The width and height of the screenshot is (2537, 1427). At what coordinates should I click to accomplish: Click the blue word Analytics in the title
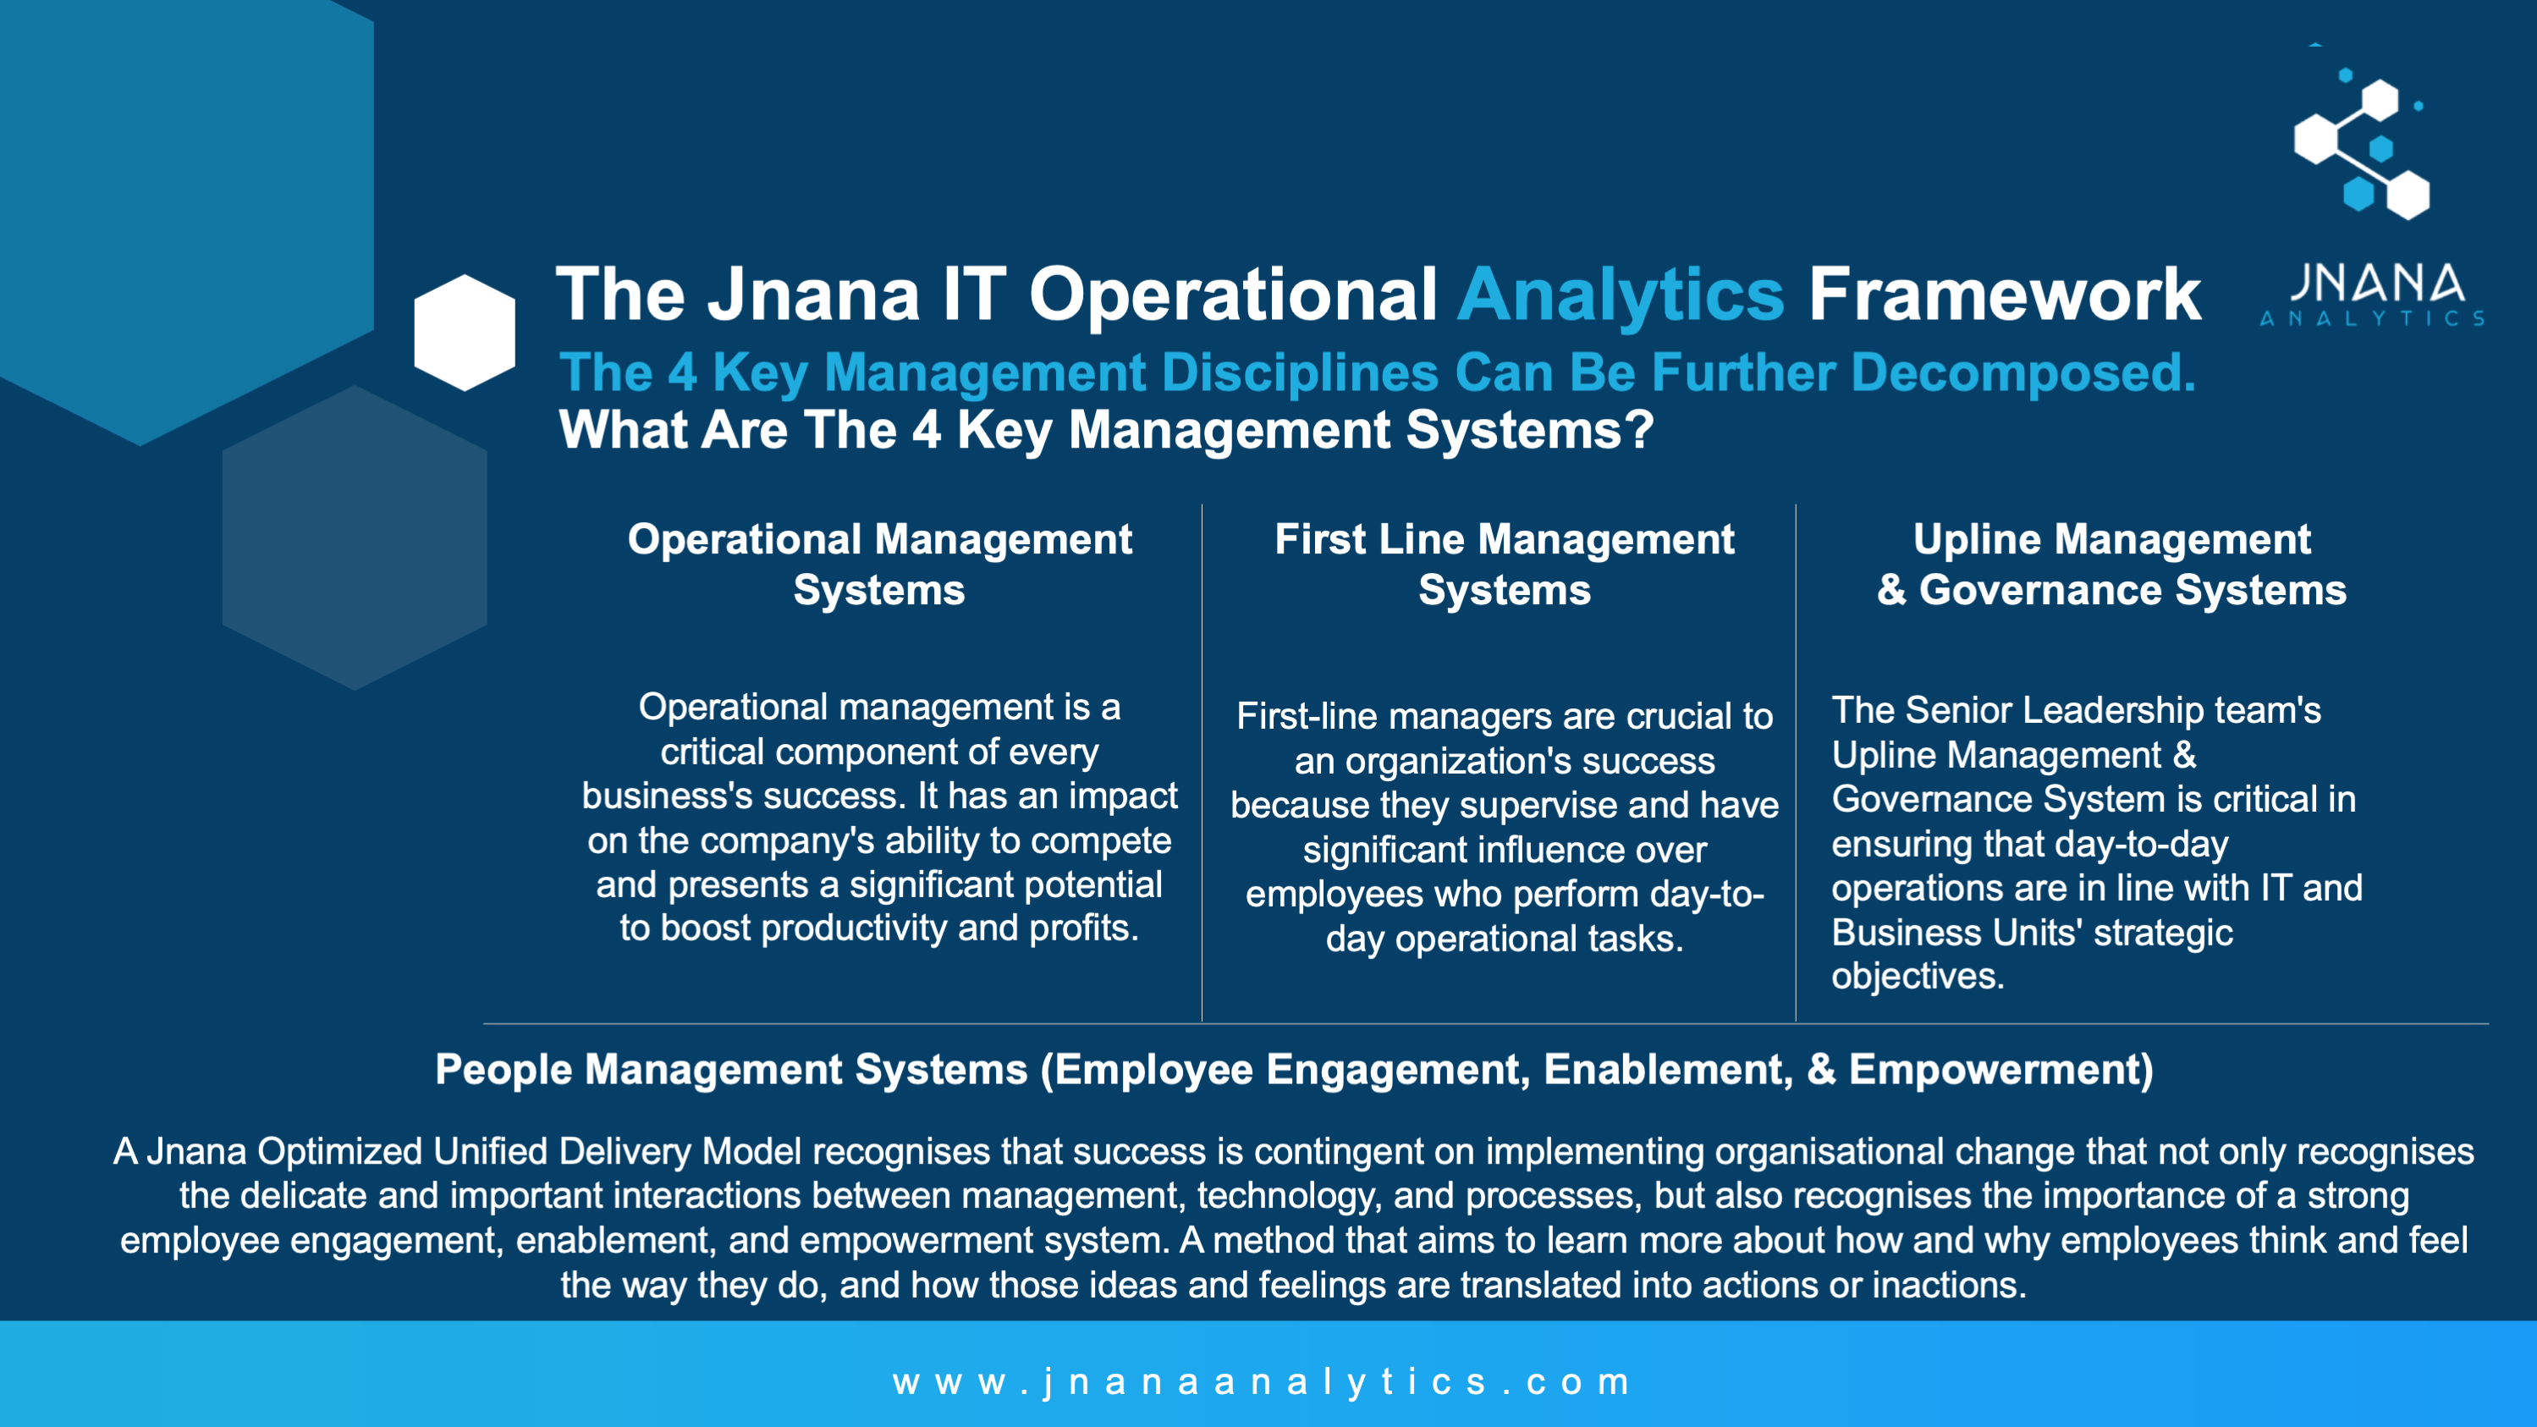pyautogui.click(x=1620, y=295)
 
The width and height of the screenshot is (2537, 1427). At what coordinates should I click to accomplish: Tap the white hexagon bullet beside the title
pyautogui.click(x=465, y=333)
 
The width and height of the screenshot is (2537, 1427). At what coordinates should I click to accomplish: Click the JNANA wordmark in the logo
pyautogui.click(x=2376, y=284)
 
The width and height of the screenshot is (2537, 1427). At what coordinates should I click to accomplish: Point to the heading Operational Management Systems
pyautogui.click(x=879, y=565)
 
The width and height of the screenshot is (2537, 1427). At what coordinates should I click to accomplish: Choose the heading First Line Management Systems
pyautogui.click(x=1504, y=565)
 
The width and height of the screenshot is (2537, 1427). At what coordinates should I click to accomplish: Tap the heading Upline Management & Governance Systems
pyautogui.click(x=2111, y=565)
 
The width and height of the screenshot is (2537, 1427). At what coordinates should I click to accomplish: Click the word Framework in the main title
pyautogui.click(x=2004, y=295)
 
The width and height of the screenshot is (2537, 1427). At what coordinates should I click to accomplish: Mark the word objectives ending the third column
pyautogui.click(x=1918, y=977)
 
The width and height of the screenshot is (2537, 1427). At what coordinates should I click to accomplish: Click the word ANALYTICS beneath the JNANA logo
pyautogui.click(x=2371, y=318)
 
